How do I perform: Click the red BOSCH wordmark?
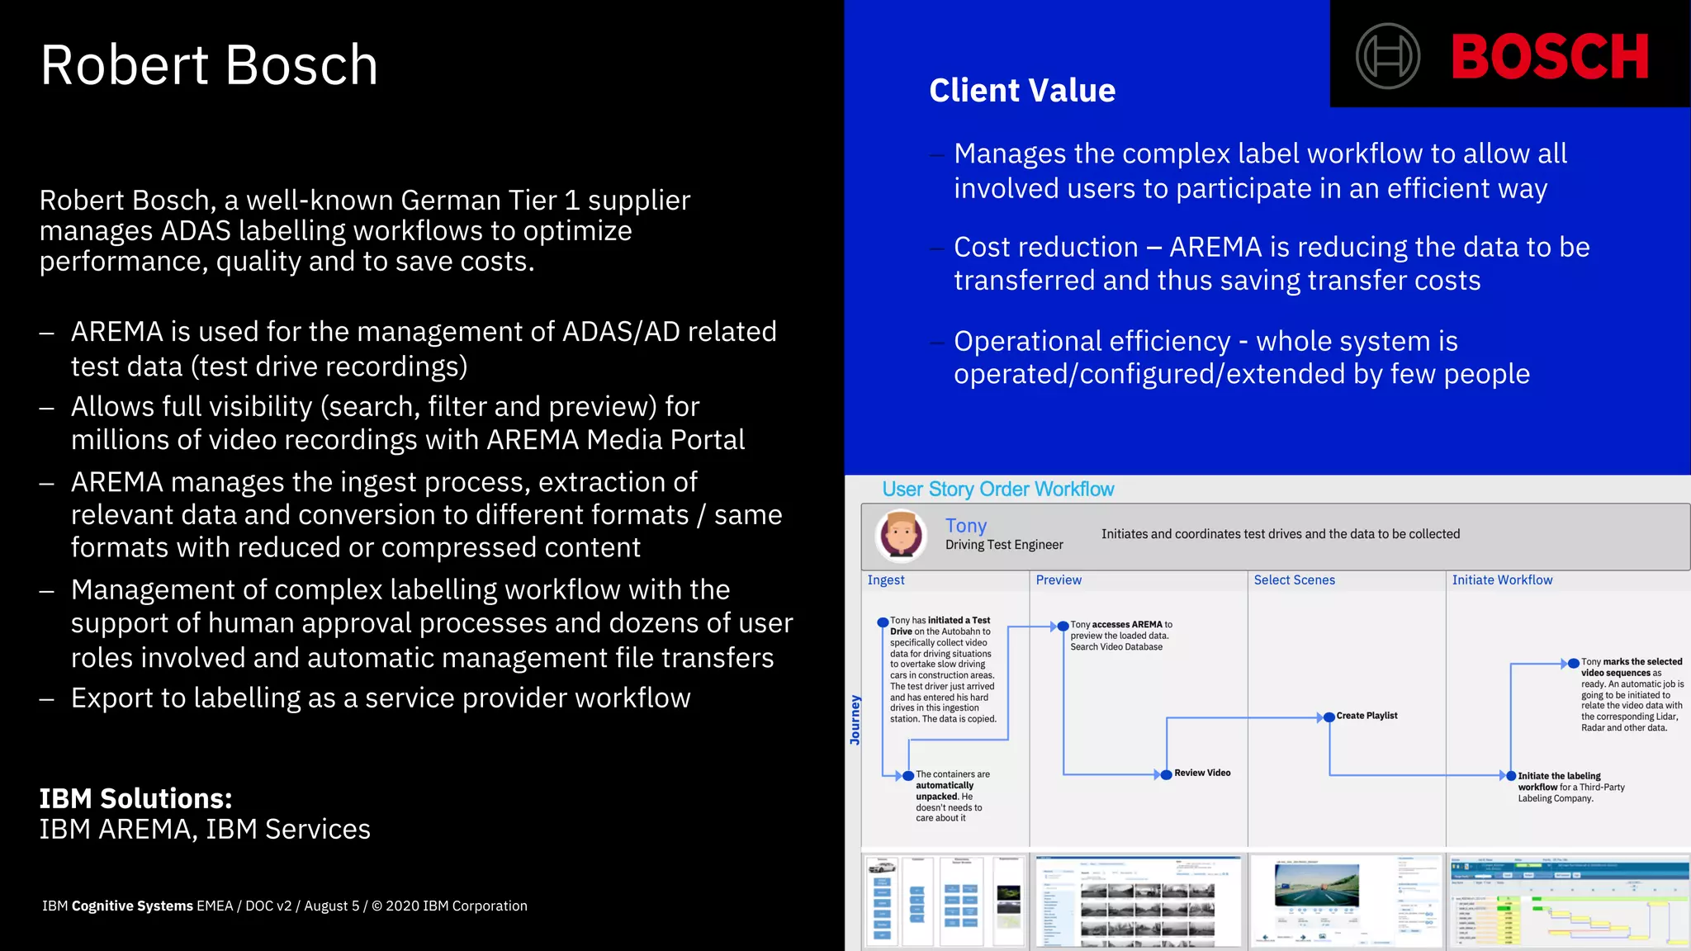click(x=1550, y=57)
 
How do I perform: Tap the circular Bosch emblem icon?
click(x=1388, y=56)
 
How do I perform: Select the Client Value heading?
click(x=1022, y=90)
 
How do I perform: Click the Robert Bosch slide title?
click(x=209, y=65)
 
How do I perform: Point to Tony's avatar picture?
click(x=901, y=535)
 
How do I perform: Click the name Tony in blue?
click(x=966, y=526)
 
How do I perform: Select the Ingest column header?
click(x=886, y=580)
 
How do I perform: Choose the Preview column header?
click(x=1059, y=580)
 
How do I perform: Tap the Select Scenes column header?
click(x=1294, y=580)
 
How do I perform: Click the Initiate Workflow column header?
click(x=1502, y=580)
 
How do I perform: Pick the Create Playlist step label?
click(x=1367, y=716)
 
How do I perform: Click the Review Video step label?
click(x=1202, y=774)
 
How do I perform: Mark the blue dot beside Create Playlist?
click(x=1329, y=717)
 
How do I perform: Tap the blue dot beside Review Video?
click(x=1166, y=774)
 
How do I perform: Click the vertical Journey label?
click(x=855, y=720)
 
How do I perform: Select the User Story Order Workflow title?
click(x=998, y=490)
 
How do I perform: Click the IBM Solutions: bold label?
click(x=136, y=799)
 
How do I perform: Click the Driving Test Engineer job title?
click(x=1004, y=545)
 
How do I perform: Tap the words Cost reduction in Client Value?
click(x=1045, y=247)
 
